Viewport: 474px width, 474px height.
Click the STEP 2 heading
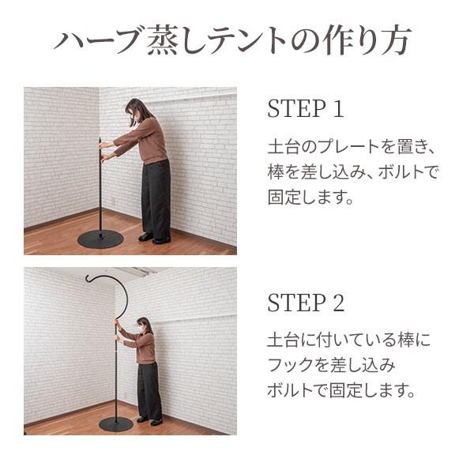[x=306, y=303]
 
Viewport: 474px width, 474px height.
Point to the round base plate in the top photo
[x=100, y=239]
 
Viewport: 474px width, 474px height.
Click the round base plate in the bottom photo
[x=116, y=424]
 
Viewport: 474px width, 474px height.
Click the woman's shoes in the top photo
[x=154, y=238]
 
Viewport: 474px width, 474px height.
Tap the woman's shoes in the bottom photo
[x=149, y=421]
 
